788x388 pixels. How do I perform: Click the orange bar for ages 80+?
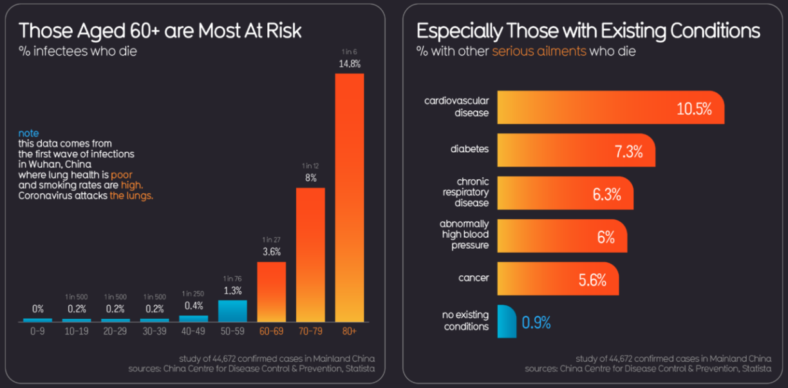pyautogui.click(x=349, y=197)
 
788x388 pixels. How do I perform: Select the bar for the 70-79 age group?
pyautogui.click(x=310, y=255)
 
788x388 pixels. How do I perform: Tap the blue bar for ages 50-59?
pyautogui.click(x=232, y=311)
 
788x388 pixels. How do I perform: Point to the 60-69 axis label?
pyautogui.click(x=271, y=331)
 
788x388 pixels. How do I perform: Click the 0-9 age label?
pyautogui.click(x=37, y=331)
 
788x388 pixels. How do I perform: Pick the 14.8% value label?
pyautogui.click(x=350, y=64)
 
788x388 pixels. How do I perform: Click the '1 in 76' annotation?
pyautogui.click(x=232, y=278)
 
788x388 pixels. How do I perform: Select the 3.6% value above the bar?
pyautogui.click(x=271, y=252)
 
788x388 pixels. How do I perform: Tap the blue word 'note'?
pyautogui.click(x=28, y=133)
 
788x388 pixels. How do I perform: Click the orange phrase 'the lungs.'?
pyautogui.click(x=131, y=195)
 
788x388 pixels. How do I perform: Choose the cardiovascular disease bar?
pyautogui.click(x=610, y=108)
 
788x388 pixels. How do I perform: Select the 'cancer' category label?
pyautogui.click(x=473, y=278)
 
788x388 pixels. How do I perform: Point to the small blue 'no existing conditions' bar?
pyautogui.click(x=507, y=322)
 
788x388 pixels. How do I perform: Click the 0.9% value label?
pyautogui.click(x=536, y=322)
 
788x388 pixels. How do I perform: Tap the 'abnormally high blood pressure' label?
pyautogui.click(x=464, y=235)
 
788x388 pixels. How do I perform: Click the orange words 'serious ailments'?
pyautogui.click(x=539, y=51)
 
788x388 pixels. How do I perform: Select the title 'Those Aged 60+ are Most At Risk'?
pyautogui.click(x=160, y=30)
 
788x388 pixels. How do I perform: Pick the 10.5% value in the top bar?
pyautogui.click(x=694, y=109)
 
